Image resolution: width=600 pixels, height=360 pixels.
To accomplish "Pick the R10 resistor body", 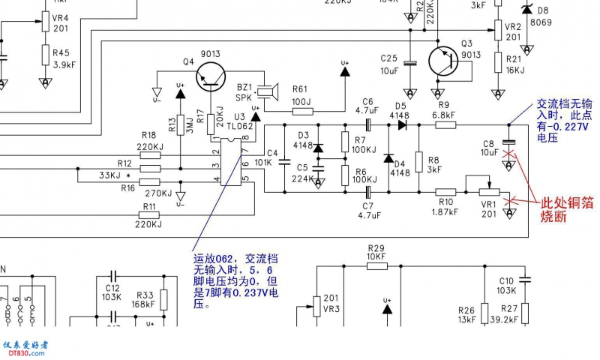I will point(446,193).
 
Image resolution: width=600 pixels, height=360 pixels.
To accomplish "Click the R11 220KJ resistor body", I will point(150,214).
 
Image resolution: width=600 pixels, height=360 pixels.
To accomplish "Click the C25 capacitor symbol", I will point(409,62).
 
